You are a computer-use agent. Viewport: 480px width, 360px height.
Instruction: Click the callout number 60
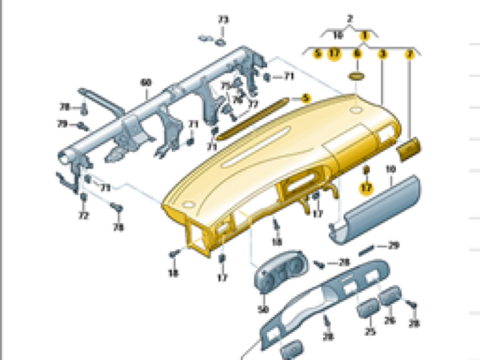[146, 82]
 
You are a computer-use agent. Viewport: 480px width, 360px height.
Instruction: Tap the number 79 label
[62, 123]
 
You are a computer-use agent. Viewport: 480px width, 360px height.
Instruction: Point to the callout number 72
[83, 216]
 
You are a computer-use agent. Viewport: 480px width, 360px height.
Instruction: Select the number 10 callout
[390, 170]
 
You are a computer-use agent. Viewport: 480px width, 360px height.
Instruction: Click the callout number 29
[393, 246]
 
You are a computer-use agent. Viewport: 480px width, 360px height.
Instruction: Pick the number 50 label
[262, 309]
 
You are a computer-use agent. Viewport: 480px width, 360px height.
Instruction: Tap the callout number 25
[370, 330]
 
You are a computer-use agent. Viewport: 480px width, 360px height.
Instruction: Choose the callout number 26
[390, 321]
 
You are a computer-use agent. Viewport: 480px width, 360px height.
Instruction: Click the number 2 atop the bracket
[350, 18]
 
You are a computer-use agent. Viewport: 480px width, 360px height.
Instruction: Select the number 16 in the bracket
[338, 36]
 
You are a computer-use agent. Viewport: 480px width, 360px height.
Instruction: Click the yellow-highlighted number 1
[364, 36]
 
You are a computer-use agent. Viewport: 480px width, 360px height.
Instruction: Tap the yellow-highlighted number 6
[358, 54]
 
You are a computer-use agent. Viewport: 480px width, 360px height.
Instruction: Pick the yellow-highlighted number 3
[382, 54]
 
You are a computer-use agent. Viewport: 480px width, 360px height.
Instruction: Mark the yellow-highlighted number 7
[410, 54]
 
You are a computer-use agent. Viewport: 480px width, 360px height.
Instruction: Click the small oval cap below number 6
[357, 76]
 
